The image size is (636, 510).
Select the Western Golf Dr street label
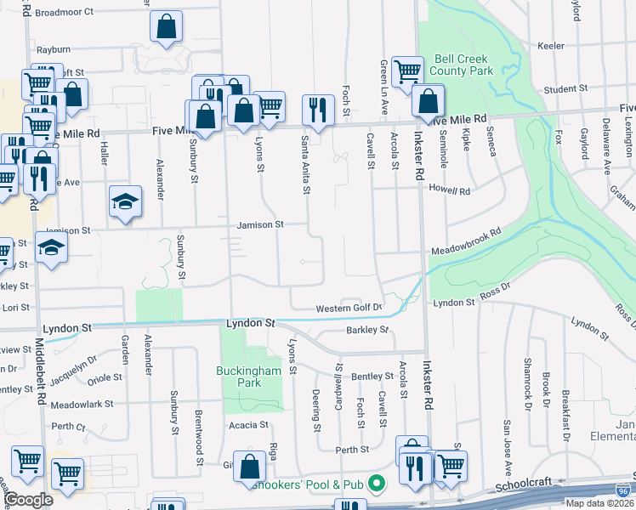[349, 308]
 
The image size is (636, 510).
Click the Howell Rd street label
[449, 190]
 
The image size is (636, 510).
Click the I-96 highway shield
[623, 490]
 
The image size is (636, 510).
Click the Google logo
[28, 500]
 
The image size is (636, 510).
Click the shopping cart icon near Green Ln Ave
[408, 71]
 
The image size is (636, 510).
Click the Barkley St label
[367, 330]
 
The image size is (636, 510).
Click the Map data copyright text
[595, 503]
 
